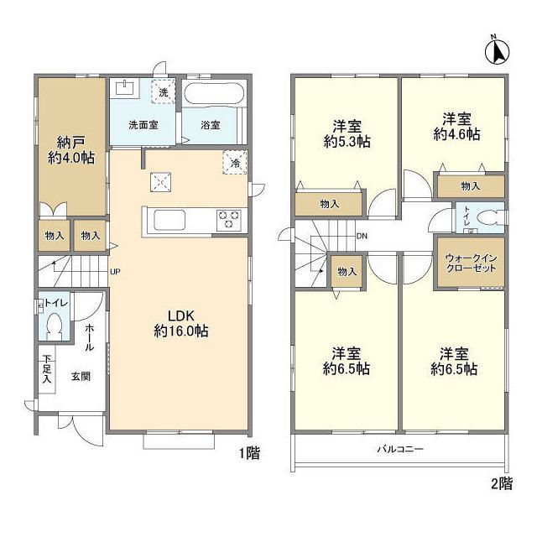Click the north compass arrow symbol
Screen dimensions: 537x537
point(498,50)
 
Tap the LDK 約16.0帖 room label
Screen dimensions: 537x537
point(181,323)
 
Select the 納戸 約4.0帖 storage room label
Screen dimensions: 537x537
point(71,150)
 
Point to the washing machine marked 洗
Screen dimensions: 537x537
point(164,91)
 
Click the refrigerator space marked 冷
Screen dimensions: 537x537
point(235,163)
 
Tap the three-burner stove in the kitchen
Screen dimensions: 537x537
point(229,220)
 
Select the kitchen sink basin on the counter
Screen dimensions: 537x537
point(169,220)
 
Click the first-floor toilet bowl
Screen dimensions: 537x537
point(54,326)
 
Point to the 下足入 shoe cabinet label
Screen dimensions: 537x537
point(47,369)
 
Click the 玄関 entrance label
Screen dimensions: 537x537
point(81,377)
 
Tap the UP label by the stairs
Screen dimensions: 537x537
point(115,272)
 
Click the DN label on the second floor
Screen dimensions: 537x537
point(362,236)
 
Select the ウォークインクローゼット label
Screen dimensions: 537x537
point(471,263)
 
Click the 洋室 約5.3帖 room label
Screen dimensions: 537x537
point(347,134)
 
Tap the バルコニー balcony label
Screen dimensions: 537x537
point(400,449)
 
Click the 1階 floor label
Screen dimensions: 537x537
point(249,453)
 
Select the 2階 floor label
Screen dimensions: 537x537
point(502,483)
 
